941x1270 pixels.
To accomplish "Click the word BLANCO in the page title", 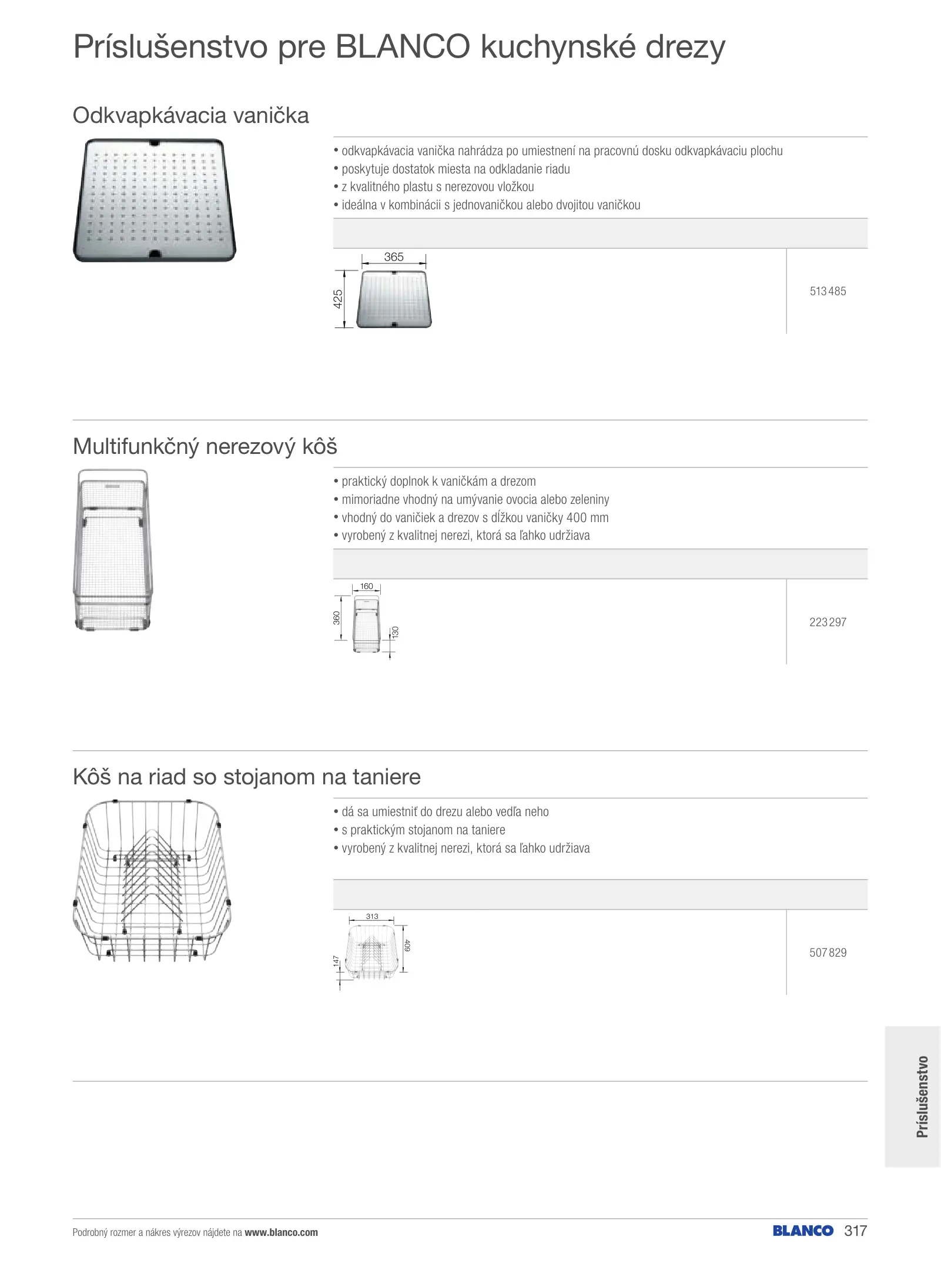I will pyautogui.click(x=403, y=47).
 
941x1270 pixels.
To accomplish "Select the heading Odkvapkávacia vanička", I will pyautogui.click(x=190, y=115).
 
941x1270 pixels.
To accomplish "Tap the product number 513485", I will pyautogui.click(x=828, y=291).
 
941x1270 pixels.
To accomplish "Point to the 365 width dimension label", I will pyautogui.click(x=394, y=257).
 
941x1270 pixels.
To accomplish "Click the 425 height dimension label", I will pyautogui.click(x=338, y=299).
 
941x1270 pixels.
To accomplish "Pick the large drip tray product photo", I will pyautogui.click(x=154, y=200).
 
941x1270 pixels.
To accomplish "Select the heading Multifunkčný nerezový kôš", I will pyautogui.click(x=205, y=446).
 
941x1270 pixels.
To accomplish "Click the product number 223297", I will pyautogui.click(x=828, y=622).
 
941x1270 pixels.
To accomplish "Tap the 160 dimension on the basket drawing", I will pyautogui.click(x=366, y=586).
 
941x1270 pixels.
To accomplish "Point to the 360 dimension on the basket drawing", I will pyautogui.click(x=337, y=618).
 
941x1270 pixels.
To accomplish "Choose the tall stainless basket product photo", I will pyautogui.click(x=113, y=550).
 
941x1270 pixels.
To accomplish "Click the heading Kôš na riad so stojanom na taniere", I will pyautogui.click(x=246, y=777).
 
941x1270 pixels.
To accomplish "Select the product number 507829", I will pyautogui.click(x=828, y=952).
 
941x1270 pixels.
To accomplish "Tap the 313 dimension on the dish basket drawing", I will pyautogui.click(x=372, y=916).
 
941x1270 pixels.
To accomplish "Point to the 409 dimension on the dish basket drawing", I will pyautogui.click(x=407, y=945).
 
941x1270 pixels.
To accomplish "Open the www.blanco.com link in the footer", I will pyautogui.click(x=281, y=1232).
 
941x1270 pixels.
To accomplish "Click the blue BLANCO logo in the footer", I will pyautogui.click(x=803, y=1231).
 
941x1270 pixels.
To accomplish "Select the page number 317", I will pyautogui.click(x=855, y=1231).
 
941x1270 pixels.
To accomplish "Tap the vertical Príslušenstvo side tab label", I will pyautogui.click(x=922, y=1097).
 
